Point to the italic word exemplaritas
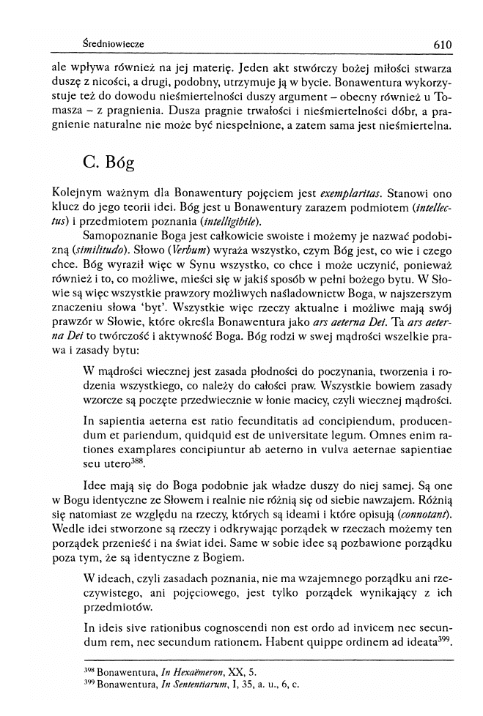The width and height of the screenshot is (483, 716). click(x=350, y=194)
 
